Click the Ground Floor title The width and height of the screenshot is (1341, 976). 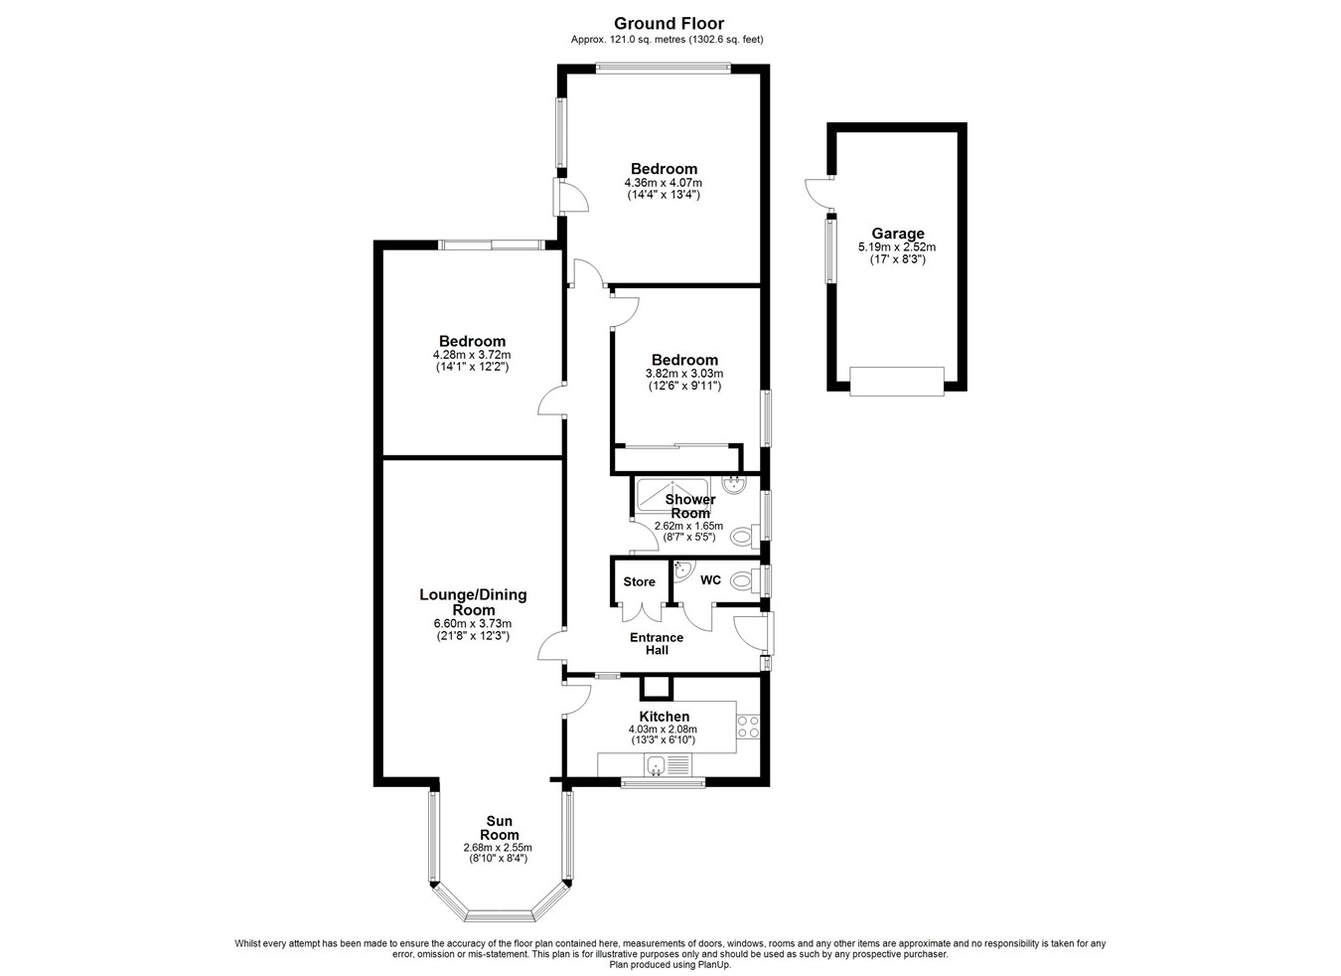tap(669, 24)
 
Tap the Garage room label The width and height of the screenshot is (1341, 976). tap(897, 233)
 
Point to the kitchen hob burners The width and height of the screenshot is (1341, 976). tap(748, 727)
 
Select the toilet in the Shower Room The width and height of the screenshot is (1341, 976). tap(746, 536)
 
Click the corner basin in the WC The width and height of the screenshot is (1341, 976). tap(682, 570)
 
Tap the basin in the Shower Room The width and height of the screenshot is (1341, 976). tap(732, 484)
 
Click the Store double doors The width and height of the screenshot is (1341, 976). tap(641, 613)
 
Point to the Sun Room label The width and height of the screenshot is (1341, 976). tap(500, 827)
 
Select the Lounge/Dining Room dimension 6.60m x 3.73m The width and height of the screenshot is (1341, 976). tap(473, 624)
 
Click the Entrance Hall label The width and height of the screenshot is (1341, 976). tap(657, 643)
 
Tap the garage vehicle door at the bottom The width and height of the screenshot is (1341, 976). tap(897, 381)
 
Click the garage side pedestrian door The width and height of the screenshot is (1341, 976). tap(819, 193)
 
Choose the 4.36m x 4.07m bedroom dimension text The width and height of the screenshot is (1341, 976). tap(664, 183)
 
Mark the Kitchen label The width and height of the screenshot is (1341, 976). tap(665, 717)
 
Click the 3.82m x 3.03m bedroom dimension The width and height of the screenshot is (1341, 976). tap(684, 374)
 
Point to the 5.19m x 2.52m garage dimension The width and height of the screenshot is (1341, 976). tap(897, 246)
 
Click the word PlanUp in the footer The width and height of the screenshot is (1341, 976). tap(714, 965)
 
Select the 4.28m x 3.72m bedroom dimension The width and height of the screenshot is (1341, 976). tap(473, 354)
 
